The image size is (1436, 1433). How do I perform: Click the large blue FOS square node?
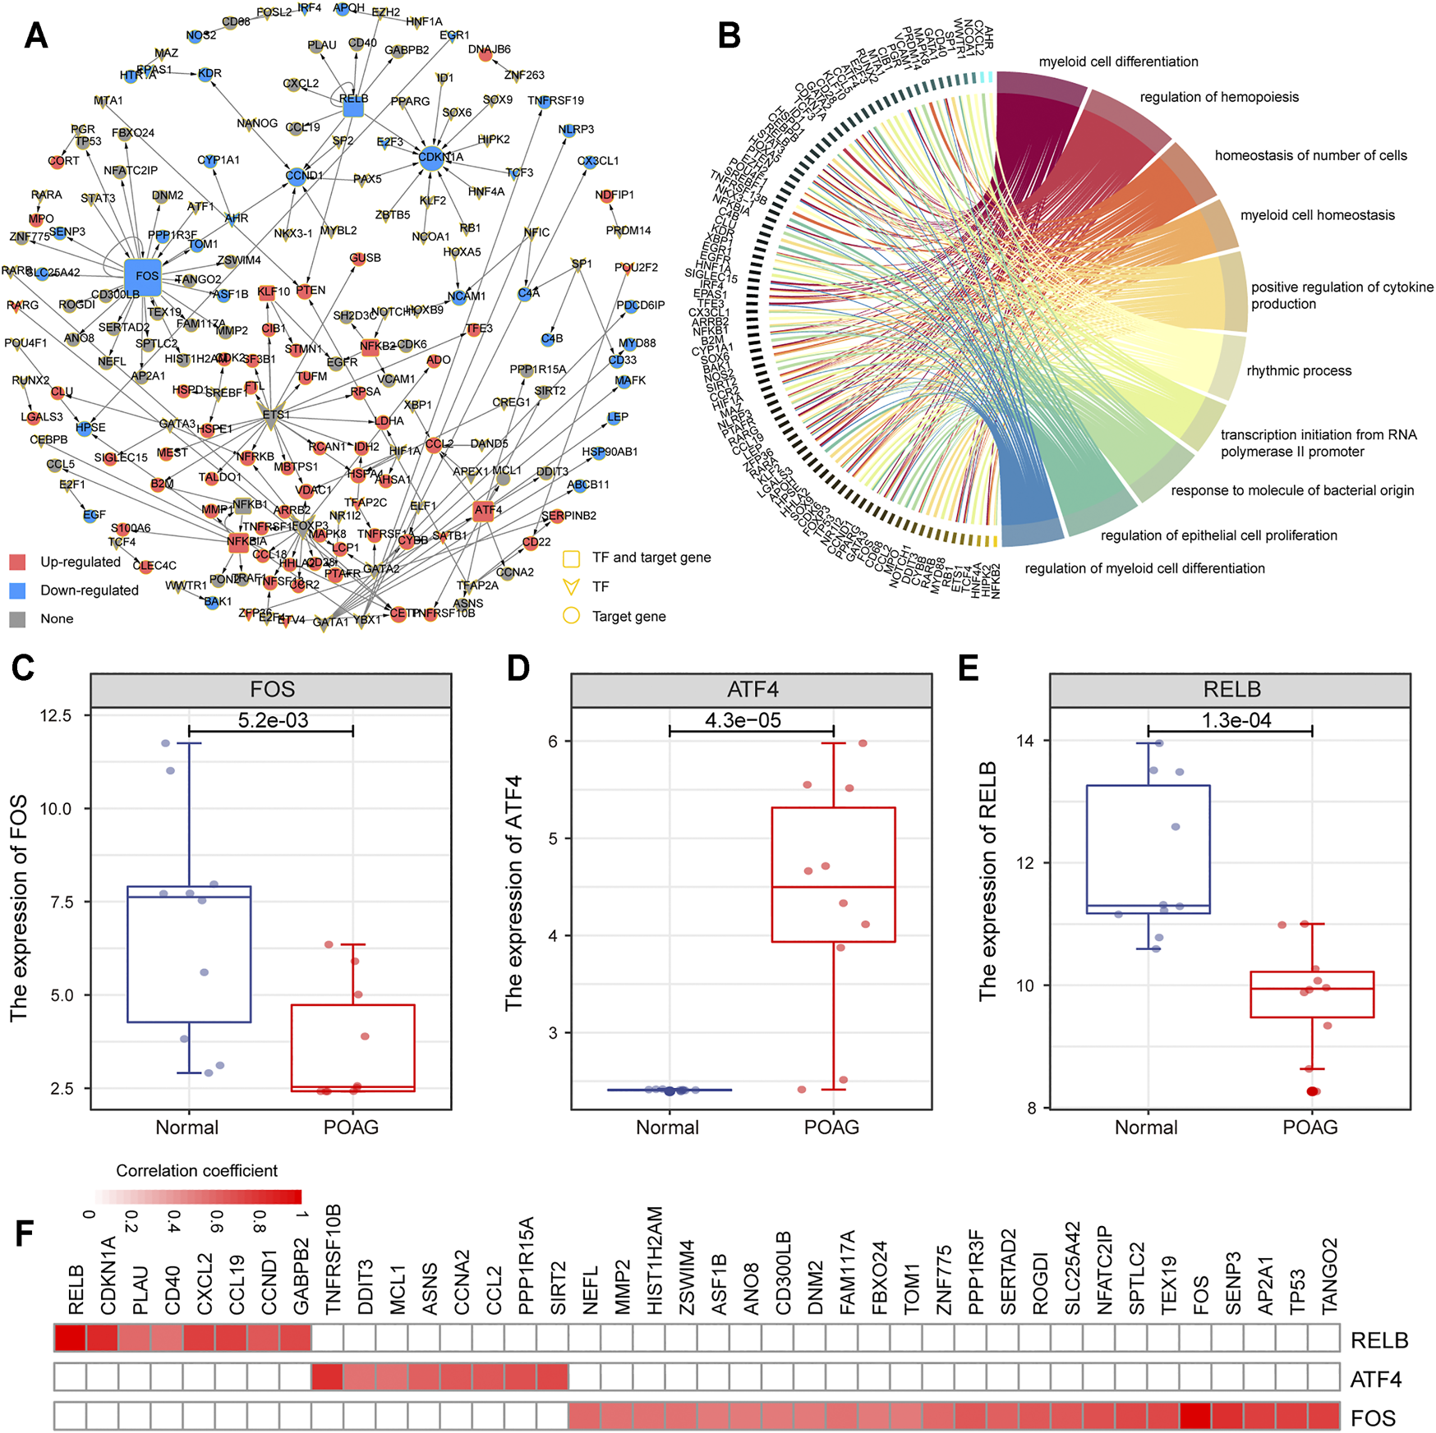pyautogui.click(x=142, y=277)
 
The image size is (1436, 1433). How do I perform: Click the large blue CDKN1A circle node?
pyautogui.click(x=431, y=158)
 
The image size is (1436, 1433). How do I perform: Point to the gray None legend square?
pyautogui.click(x=17, y=619)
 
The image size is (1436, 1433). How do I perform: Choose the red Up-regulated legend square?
pyautogui.click(x=17, y=563)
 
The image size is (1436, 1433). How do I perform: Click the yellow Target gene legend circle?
pyautogui.click(x=571, y=616)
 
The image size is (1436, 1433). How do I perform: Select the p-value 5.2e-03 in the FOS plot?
pyautogui.click(x=273, y=720)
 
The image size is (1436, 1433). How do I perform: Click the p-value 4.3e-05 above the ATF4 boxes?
pyautogui.click(x=743, y=720)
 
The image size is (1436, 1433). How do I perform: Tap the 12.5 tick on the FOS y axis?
pyautogui.click(x=55, y=716)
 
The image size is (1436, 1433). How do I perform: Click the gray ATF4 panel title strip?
pyautogui.click(x=752, y=690)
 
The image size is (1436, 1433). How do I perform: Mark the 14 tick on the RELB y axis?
pyautogui.click(x=1024, y=741)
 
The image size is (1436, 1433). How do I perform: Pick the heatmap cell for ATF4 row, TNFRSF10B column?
pyautogui.click(x=327, y=1377)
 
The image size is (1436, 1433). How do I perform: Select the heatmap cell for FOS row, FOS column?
pyautogui.click(x=1195, y=1417)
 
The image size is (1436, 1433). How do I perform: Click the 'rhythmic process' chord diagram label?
pyautogui.click(x=1298, y=371)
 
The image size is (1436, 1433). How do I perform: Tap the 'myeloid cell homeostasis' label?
pyautogui.click(x=1317, y=215)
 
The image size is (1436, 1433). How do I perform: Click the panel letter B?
pyautogui.click(x=729, y=36)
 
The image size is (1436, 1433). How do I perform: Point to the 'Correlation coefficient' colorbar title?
pyautogui.click(x=196, y=1171)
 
